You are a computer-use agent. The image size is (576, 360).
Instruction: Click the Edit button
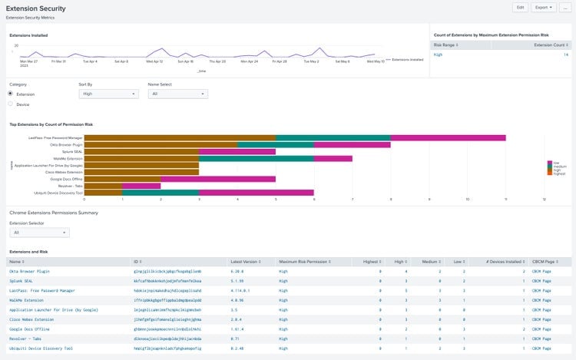tap(520, 8)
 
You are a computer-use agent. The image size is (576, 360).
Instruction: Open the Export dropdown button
tap(542, 8)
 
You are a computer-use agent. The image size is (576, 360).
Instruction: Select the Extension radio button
tap(11, 94)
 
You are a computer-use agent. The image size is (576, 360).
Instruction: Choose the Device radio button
tap(11, 104)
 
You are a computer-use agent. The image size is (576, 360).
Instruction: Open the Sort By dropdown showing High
tap(108, 94)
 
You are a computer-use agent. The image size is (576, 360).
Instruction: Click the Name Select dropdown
tap(177, 94)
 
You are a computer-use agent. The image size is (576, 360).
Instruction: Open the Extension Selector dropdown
tap(39, 232)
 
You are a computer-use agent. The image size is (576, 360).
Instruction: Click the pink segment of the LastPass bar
tap(448, 137)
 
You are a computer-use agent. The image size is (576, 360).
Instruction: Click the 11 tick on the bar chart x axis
tap(505, 199)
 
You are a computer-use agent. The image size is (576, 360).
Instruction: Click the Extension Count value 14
tap(566, 54)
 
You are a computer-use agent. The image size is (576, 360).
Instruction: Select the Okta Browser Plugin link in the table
tap(30, 271)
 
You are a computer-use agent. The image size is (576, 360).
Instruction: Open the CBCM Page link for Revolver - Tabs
tap(541, 339)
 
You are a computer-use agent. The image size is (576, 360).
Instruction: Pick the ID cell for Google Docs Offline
tap(167, 329)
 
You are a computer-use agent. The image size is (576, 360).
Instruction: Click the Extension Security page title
tap(35, 8)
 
